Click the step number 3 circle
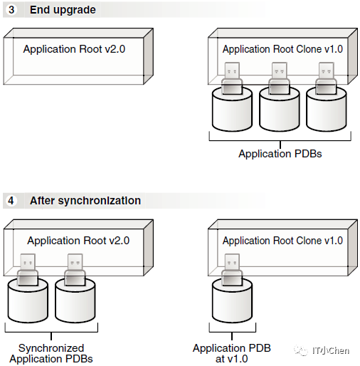pos(11,10)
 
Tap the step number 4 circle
pos(11,201)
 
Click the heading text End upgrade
pos(63,10)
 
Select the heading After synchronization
pos(85,201)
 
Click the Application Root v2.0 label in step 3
pos(74,49)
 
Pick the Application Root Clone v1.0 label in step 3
pos(282,49)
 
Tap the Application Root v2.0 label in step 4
pos(78,241)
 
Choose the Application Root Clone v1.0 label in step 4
pos(282,241)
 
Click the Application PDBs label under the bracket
pos(280,154)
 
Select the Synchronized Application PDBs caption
pos(51,353)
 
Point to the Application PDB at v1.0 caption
pos(232,353)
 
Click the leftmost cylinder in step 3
pos(232,109)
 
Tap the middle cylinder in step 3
pos(280,109)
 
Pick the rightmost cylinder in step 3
pos(327,109)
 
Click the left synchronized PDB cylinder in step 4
pos(28,300)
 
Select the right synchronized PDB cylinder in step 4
pos(75,300)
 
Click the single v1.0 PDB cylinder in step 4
pos(232,300)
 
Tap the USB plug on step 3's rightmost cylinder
pos(327,78)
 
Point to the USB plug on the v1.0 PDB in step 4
pos(232,270)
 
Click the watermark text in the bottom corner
pos(322,351)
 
